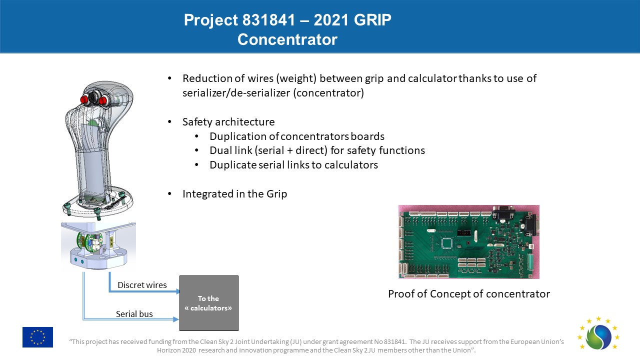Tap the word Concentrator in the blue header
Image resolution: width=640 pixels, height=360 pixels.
287,39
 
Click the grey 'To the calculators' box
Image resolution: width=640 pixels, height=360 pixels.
208,303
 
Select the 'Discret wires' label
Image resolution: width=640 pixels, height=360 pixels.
142,285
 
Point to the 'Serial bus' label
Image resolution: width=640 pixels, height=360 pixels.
134,314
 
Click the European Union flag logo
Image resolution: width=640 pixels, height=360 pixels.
37,337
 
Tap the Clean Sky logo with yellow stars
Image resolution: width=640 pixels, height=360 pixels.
598,334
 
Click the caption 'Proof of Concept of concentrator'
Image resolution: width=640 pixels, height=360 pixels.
469,294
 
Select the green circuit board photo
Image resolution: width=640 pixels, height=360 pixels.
468,241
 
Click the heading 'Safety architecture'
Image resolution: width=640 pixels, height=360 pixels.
228,122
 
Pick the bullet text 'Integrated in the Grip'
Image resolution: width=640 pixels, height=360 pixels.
234,194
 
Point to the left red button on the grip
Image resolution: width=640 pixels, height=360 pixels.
84,99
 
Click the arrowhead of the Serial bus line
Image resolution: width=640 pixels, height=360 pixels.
176,318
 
